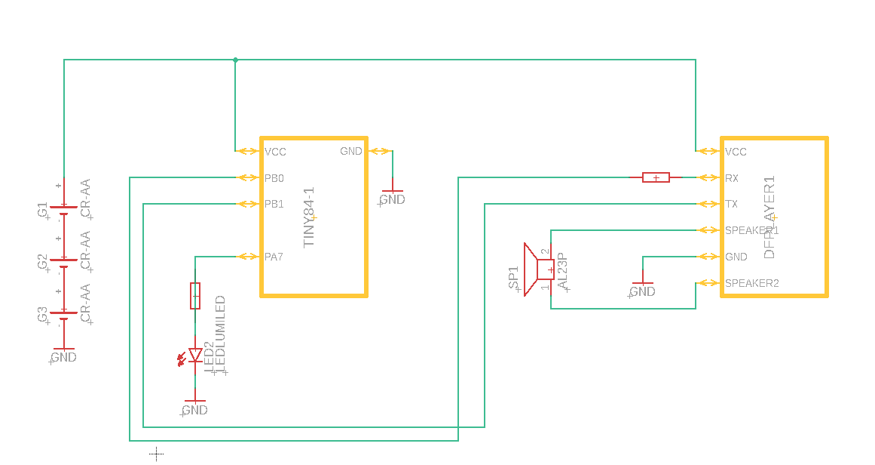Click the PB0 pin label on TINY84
click(274, 179)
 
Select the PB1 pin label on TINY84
click(274, 204)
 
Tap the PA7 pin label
click(274, 257)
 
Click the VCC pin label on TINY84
click(276, 152)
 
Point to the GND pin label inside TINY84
click(351, 151)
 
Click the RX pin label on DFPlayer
click(731, 179)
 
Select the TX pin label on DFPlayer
click(731, 204)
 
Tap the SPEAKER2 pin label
click(751, 283)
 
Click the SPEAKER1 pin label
click(751, 230)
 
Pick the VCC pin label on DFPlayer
click(736, 152)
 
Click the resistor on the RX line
click(656, 177)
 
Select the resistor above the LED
click(195, 296)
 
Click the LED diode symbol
click(195, 355)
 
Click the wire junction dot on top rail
click(235, 60)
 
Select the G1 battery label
click(43, 209)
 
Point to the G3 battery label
click(43, 314)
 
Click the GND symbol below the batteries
click(64, 355)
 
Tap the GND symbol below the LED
click(195, 408)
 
